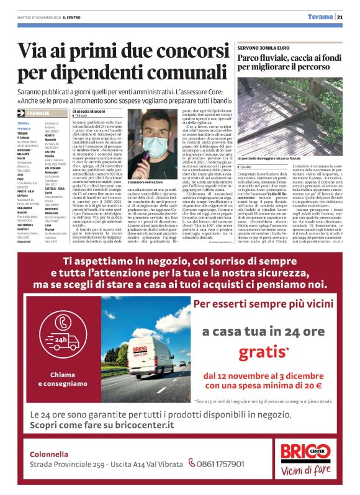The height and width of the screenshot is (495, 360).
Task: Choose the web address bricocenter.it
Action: (x=143, y=424)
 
